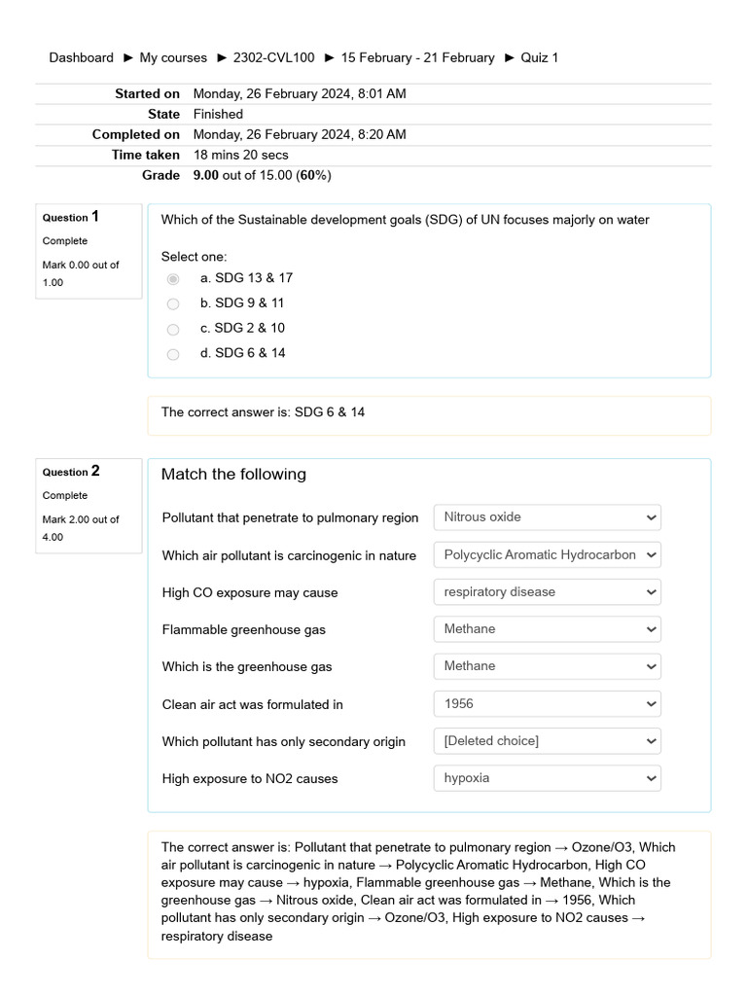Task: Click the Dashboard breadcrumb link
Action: pyautogui.click(x=81, y=57)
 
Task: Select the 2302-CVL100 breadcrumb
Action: pyautogui.click(x=273, y=57)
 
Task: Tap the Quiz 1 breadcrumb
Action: pyautogui.click(x=539, y=57)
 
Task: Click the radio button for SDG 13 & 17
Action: pyautogui.click(x=173, y=279)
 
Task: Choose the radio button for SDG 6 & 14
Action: pyautogui.click(x=173, y=354)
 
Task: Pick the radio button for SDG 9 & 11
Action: pyautogui.click(x=173, y=304)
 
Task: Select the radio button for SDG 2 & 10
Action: pyautogui.click(x=173, y=330)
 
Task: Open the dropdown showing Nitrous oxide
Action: pyautogui.click(x=547, y=517)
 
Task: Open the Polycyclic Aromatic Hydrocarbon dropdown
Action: pyautogui.click(x=547, y=555)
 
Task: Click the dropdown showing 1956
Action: pyautogui.click(x=547, y=704)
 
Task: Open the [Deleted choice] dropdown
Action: pyautogui.click(x=547, y=741)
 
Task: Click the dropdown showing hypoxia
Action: pyautogui.click(x=547, y=778)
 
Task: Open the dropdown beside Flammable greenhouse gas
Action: pyautogui.click(x=547, y=629)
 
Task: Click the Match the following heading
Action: pyautogui.click(x=233, y=475)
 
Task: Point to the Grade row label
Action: pyautogui.click(x=160, y=175)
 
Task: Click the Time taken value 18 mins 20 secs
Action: pyautogui.click(x=240, y=155)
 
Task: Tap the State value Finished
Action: pyautogui.click(x=218, y=114)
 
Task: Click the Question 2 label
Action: pyautogui.click(x=71, y=472)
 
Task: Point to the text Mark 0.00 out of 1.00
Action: pyautogui.click(x=81, y=273)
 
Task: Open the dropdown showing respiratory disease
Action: pyautogui.click(x=547, y=592)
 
